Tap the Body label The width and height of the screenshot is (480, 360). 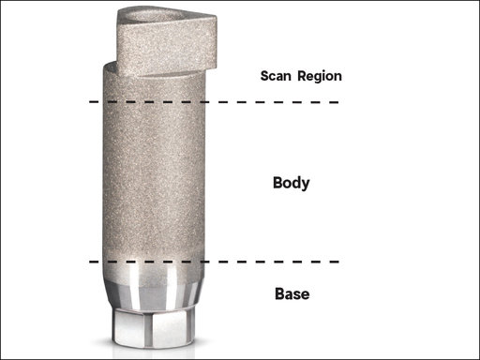[x=291, y=183]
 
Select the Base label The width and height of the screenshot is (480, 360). [x=292, y=294]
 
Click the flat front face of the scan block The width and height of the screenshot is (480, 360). [x=164, y=52]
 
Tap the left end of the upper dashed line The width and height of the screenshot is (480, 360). [x=91, y=101]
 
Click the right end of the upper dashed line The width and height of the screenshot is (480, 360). [x=337, y=101]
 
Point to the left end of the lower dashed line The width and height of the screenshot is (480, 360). [x=91, y=262]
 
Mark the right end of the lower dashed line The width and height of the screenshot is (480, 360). [x=337, y=262]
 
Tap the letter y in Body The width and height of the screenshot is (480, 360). [x=306, y=185]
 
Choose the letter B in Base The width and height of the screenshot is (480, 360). [x=278, y=294]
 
